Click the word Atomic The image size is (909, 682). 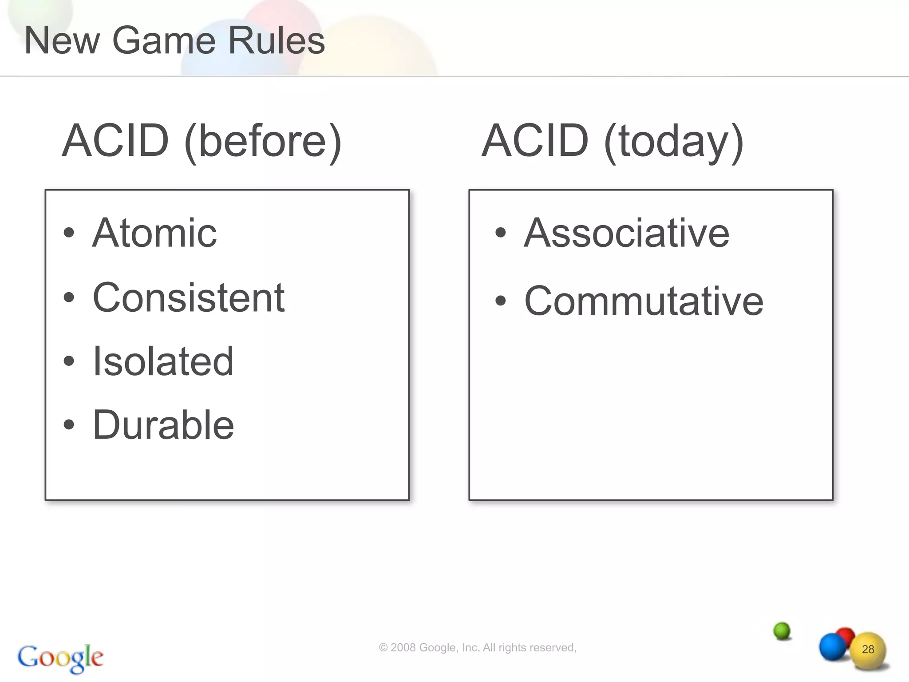[154, 233]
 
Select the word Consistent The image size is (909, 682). [189, 297]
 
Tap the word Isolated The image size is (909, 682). [163, 361]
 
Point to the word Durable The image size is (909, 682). [163, 425]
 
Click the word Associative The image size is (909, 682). [627, 233]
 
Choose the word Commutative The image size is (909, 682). [644, 301]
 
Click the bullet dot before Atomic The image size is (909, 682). [69, 232]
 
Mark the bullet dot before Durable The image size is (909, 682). [69, 424]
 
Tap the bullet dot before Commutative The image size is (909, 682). [501, 301]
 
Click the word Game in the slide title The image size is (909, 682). [164, 41]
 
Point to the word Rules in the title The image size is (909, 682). [276, 41]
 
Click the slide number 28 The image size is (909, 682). [868, 650]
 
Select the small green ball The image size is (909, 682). [782, 630]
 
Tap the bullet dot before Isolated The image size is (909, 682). [69, 361]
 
